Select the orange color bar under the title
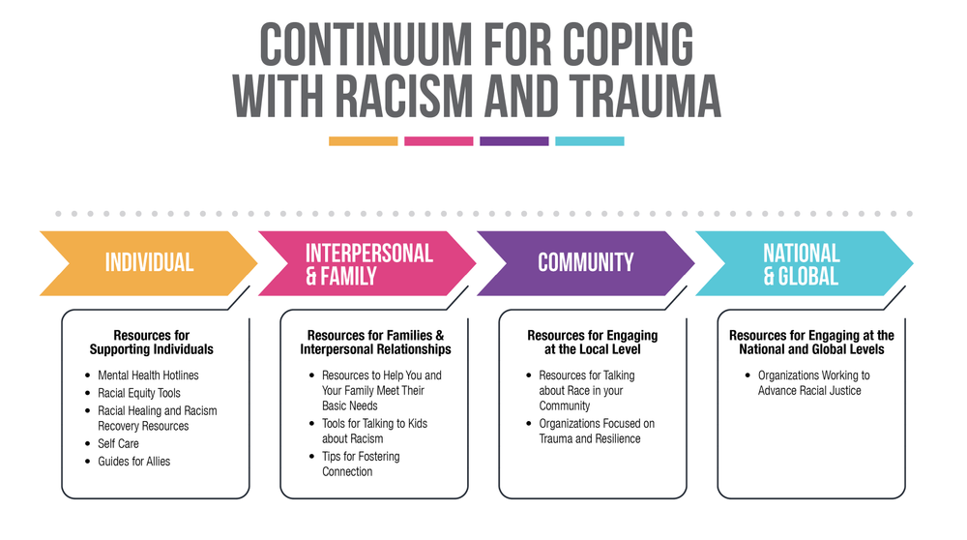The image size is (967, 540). coord(363,141)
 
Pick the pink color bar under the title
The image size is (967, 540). coord(438,141)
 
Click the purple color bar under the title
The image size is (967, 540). coord(513,141)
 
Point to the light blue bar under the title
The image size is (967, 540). coord(589,141)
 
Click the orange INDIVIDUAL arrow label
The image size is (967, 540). coord(149,262)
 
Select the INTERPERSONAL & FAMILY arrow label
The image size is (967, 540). coord(368,263)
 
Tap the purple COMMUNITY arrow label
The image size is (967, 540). coord(585,262)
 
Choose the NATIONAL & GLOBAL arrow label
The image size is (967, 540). coord(802,263)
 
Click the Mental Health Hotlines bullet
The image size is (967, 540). coord(148,375)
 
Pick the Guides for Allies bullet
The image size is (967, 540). coord(133,462)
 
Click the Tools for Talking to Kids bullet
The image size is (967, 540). coord(374,431)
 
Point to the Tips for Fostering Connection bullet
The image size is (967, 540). coord(361,464)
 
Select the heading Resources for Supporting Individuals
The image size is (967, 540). coord(151,343)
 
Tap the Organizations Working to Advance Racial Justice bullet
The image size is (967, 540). coord(813,382)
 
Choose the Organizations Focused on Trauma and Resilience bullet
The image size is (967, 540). coord(597,431)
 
